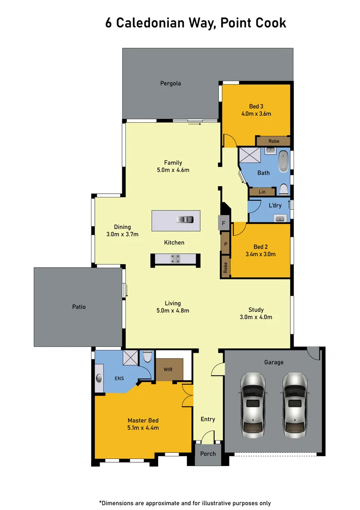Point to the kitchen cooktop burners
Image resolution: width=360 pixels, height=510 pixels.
coord(175,258)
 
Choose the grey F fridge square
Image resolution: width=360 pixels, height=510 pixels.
coord(224,223)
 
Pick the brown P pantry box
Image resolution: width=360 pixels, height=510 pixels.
coord(226,244)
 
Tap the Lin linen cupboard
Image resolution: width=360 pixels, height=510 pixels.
coord(262,192)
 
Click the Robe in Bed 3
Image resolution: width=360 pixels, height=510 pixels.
coord(274,141)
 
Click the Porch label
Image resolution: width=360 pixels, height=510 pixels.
coord(208,454)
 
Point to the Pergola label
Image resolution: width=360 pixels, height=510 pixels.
coord(170,84)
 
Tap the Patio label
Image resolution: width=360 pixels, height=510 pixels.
coord(79,307)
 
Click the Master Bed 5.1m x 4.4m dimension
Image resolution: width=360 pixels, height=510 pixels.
coord(143,428)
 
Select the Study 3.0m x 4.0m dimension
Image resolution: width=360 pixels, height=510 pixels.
coord(256,317)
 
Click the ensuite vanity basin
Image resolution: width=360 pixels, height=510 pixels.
coord(100,378)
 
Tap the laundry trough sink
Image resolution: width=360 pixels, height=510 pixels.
coord(280,218)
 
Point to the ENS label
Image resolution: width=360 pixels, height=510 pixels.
coord(119,378)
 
